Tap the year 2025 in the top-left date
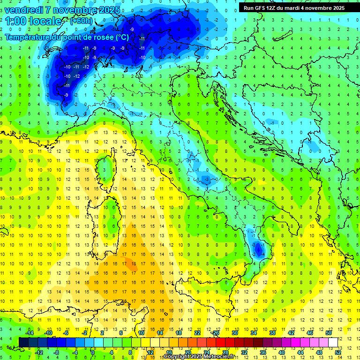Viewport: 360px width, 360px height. pos(108,9)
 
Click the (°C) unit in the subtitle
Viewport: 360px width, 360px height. pos(120,37)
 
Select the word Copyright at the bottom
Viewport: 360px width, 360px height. pos(177,357)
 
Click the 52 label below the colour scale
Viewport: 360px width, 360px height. pos(337,352)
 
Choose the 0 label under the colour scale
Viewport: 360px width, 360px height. pos(93,352)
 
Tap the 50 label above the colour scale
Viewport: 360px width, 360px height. pos(328,333)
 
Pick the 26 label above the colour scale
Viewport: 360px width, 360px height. pos(216,333)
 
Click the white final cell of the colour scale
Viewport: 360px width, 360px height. pos(333,342)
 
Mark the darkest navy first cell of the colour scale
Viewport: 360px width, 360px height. pos(23,342)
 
